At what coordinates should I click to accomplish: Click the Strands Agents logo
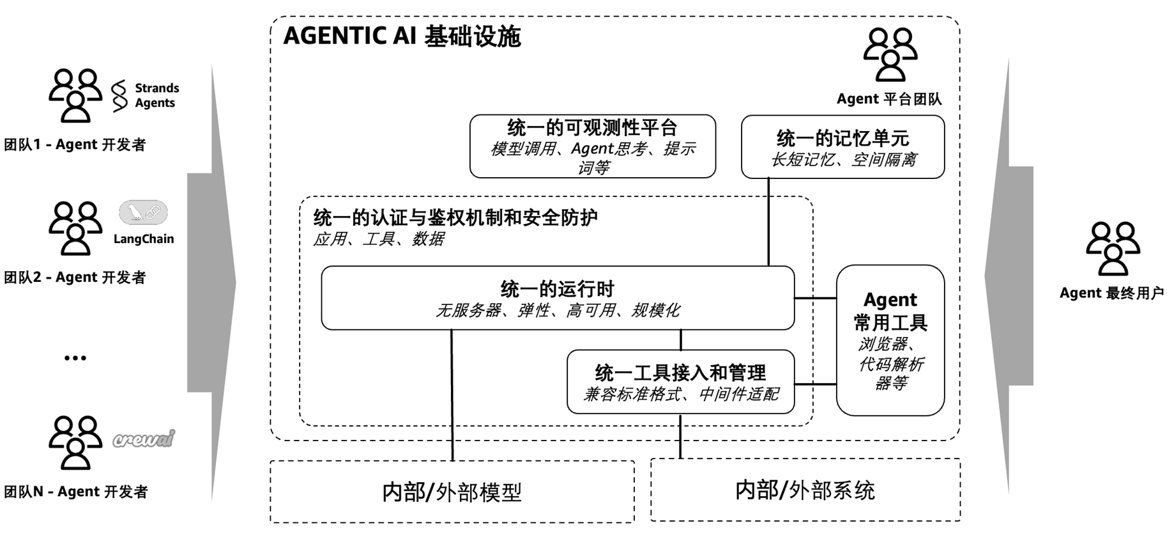click(x=144, y=96)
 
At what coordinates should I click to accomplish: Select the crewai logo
click(x=144, y=439)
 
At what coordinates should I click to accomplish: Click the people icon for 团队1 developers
click(x=75, y=95)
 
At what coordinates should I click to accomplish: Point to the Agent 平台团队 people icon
click(x=890, y=54)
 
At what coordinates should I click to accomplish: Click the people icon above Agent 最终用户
click(x=1113, y=248)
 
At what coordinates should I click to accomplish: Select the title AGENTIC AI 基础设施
click(x=402, y=36)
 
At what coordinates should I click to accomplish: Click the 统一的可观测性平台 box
click(x=592, y=146)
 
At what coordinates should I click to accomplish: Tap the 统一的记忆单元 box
click(x=842, y=147)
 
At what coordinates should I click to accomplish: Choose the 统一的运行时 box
click(x=557, y=298)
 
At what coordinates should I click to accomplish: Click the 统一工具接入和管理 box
click(x=680, y=382)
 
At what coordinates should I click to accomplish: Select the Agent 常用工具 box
click(x=890, y=340)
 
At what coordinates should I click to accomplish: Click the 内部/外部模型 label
click(x=452, y=492)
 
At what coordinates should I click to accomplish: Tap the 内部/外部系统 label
click(x=805, y=490)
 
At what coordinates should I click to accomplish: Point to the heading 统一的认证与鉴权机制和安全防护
click(x=455, y=218)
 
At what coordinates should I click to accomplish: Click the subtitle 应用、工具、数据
click(x=378, y=239)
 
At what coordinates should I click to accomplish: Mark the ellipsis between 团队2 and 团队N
click(x=75, y=358)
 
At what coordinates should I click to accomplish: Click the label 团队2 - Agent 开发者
click(x=75, y=277)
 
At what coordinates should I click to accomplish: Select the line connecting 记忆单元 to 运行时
click(x=768, y=222)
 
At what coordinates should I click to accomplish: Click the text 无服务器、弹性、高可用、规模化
click(x=557, y=311)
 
